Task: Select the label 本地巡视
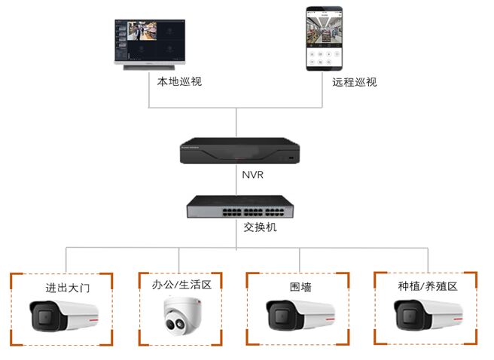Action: (x=179, y=81)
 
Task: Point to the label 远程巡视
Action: (x=354, y=81)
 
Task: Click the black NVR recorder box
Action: (x=238, y=151)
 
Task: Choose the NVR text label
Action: (x=237, y=175)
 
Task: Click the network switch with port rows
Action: (x=237, y=206)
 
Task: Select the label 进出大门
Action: (x=65, y=288)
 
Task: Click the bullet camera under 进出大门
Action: (x=63, y=315)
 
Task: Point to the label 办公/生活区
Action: (x=181, y=285)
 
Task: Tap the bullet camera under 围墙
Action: (x=300, y=314)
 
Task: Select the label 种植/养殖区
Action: (x=428, y=286)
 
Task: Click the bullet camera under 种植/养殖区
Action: (x=427, y=314)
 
